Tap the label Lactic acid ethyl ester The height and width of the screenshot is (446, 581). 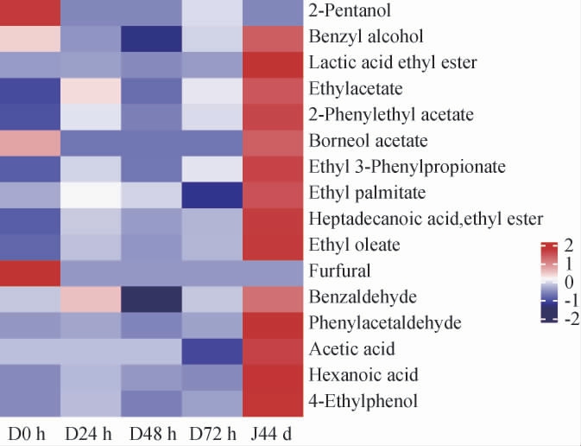392,64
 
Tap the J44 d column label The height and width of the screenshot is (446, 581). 269,431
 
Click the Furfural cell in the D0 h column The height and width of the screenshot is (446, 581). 30,271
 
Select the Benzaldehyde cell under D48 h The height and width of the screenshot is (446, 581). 152,297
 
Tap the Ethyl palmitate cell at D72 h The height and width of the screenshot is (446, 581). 212,194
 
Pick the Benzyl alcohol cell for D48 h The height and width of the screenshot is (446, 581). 152,39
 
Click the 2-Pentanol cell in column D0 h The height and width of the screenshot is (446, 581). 30,13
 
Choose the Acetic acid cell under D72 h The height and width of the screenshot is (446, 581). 212,349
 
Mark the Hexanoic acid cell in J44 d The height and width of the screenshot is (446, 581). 273,375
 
